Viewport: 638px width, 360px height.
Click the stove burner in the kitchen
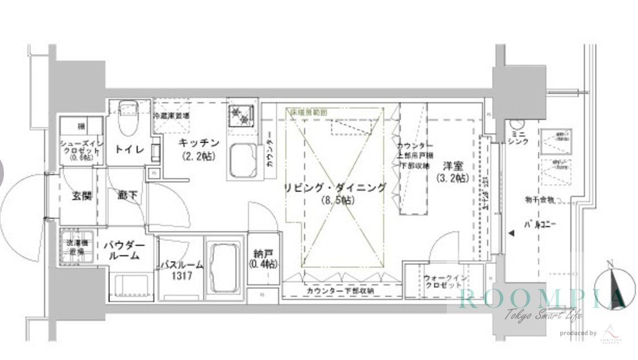click(x=241, y=116)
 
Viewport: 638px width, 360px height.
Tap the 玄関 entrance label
click(x=81, y=196)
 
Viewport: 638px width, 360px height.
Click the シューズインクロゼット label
click(x=82, y=150)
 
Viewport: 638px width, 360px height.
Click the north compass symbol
click(x=612, y=286)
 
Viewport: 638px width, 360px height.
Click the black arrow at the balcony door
click(x=512, y=233)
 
